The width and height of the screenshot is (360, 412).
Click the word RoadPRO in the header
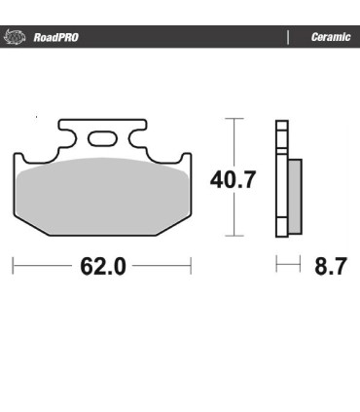click(55, 38)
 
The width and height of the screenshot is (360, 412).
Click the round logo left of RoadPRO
click(14, 38)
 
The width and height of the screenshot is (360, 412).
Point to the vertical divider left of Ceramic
click(288, 38)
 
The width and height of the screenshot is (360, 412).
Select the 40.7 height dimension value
click(234, 179)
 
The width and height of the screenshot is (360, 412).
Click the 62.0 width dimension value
click(102, 266)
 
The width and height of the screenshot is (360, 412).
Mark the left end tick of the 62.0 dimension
click(13, 265)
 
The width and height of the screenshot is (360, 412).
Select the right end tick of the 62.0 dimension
click(191, 265)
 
